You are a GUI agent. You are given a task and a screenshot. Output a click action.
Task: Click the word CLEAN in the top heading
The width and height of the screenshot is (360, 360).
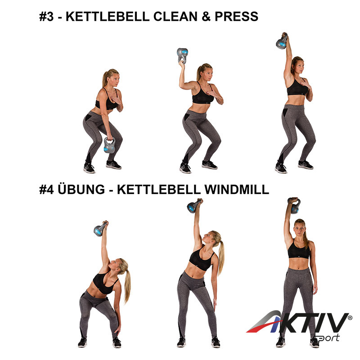[x=175, y=17]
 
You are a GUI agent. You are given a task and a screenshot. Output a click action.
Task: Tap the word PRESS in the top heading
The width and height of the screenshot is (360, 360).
[x=237, y=17]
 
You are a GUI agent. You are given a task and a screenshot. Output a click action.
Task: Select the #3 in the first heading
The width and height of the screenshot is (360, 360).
[x=47, y=17]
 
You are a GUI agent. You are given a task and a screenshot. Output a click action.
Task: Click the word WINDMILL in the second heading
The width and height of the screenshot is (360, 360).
[x=237, y=189]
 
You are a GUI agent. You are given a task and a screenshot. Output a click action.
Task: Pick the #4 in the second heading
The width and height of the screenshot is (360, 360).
[x=47, y=189]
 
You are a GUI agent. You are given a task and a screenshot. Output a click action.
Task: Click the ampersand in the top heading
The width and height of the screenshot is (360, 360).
[x=206, y=17]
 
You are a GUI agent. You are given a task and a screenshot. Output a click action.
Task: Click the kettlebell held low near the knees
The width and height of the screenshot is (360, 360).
[x=109, y=145]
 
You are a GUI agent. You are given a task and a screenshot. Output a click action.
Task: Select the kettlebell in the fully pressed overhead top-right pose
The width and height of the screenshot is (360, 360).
[x=282, y=41]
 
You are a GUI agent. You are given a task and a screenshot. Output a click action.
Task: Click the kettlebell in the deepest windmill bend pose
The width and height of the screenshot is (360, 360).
[x=100, y=229]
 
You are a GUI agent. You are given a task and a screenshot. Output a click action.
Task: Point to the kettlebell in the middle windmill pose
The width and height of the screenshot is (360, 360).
[x=194, y=206]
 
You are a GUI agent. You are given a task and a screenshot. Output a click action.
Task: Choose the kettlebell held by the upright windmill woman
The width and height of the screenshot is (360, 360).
[x=294, y=206]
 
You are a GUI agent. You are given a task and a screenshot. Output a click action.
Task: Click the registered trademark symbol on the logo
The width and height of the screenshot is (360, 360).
[x=350, y=318]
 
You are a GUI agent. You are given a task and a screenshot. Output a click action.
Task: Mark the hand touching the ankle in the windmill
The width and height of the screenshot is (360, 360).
[x=117, y=329]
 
